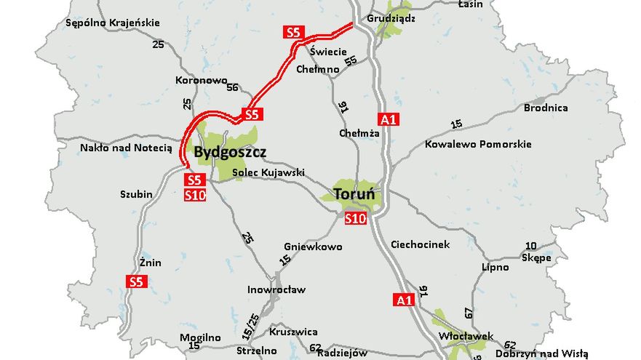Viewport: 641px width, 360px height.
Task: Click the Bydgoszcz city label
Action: click(x=230, y=153)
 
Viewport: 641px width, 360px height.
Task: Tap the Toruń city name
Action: click(x=354, y=194)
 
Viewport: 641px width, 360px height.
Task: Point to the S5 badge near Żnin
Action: click(x=136, y=281)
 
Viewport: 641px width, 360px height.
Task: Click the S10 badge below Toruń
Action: click(x=356, y=217)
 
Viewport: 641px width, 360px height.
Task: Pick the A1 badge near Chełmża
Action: click(x=389, y=119)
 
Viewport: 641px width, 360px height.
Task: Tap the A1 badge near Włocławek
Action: click(x=403, y=299)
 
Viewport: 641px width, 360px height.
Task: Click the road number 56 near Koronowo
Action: click(x=233, y=88)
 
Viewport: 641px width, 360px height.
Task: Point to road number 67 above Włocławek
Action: click(x=469, y=311)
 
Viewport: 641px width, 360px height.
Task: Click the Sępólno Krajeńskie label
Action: click(x=112, y=23)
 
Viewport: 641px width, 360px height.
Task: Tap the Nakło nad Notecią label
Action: click(x=126, y=148)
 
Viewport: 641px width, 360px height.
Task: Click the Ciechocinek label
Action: click(x=421, y=244)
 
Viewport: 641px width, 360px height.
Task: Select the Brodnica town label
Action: click(x=546, y=108)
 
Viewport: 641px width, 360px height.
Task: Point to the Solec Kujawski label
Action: click(x=268, y=173)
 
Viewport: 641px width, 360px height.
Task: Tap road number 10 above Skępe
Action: click(x=531, y=246)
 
